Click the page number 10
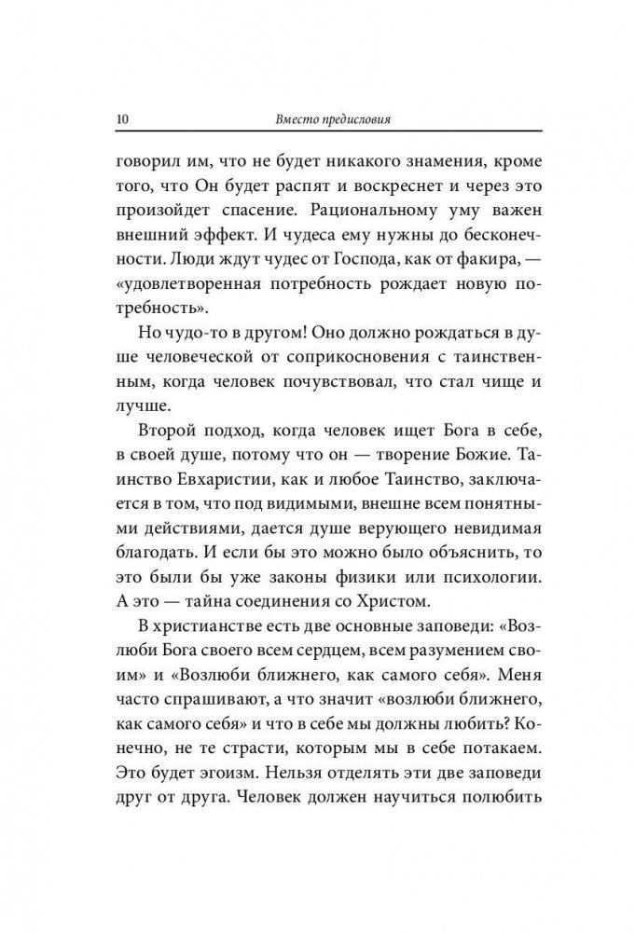click(117, 120)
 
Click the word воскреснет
click(365, 187)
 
